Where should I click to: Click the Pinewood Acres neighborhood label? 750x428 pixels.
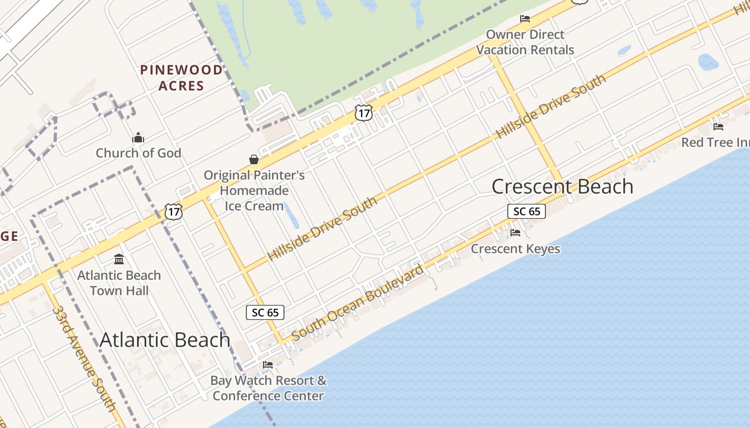point(181,78)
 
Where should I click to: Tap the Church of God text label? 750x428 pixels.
point(138,153)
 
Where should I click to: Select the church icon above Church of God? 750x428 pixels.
point(138,138)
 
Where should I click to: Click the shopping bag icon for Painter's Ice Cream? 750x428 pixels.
point(254,159)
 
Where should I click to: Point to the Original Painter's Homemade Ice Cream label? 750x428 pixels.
point(254,190)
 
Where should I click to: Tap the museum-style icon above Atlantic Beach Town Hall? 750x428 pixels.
point(119,259)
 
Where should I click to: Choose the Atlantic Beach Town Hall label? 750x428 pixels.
point(119,283)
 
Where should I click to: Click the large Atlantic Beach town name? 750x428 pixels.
point(165,340)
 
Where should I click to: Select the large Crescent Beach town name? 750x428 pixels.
point(562,186)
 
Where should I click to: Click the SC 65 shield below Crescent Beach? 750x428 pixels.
point(527,211)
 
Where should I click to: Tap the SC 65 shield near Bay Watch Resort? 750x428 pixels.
point(265,312)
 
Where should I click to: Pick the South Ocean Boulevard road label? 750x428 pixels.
point(357,302)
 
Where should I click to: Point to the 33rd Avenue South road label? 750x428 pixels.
point(84,358)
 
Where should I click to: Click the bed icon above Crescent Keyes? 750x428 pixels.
point(515,233)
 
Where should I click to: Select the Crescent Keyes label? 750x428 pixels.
point(515,249)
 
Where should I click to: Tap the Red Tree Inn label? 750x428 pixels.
point(716,143)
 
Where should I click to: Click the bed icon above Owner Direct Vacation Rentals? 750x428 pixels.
point(525,19)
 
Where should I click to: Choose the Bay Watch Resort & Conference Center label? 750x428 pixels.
point(268,388)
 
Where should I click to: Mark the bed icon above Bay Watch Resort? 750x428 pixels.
point(268,365)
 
